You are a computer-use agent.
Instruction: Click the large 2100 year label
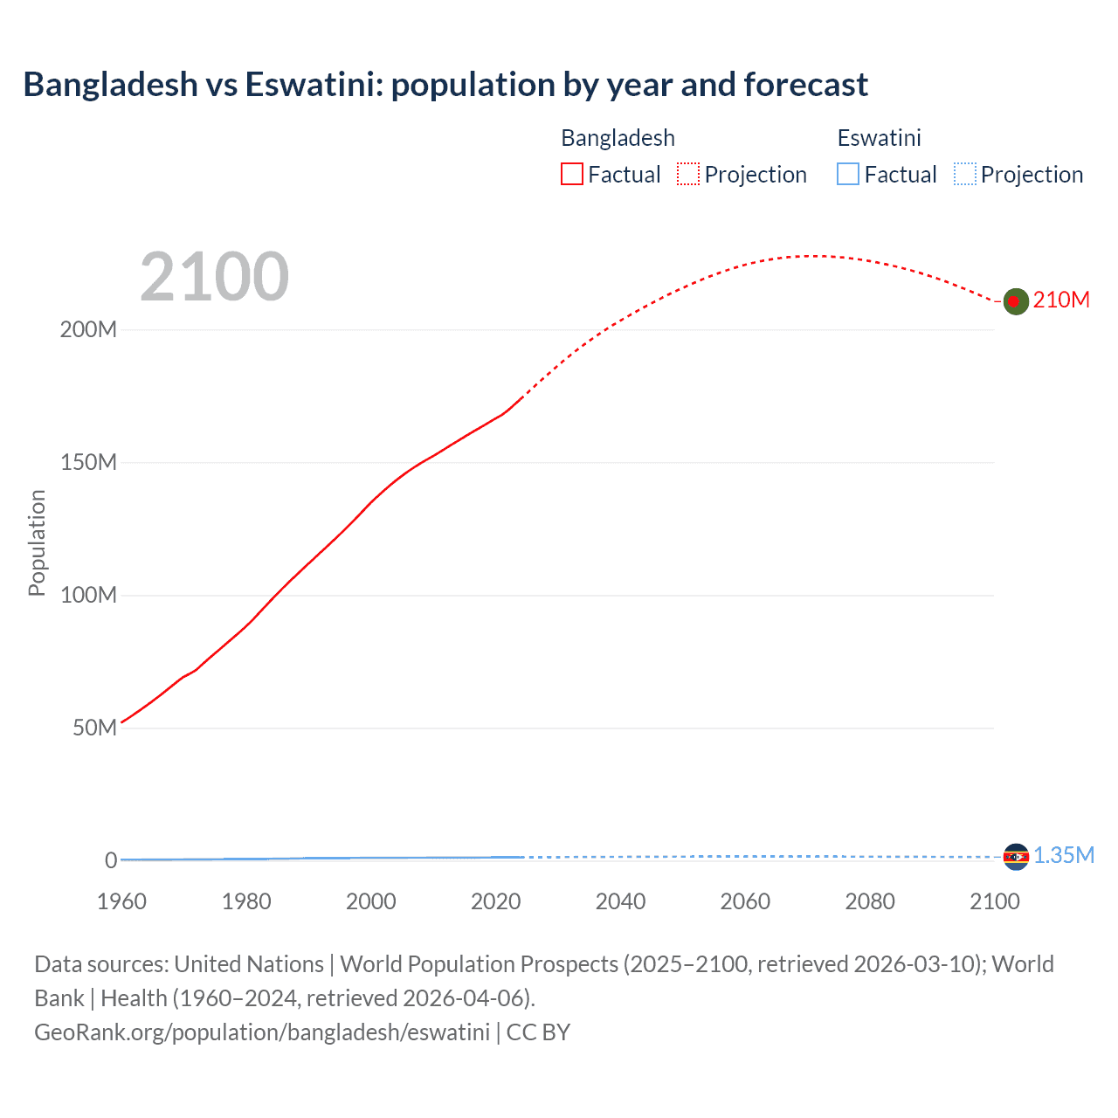[x=214, y=276]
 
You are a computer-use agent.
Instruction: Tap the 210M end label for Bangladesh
[x=1061, y=300]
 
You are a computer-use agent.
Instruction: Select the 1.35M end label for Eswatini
[x=1064, y=855]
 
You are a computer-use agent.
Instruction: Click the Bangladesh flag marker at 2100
[x=1015, y=301]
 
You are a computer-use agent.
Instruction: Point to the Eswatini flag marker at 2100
[x=1016, y=857]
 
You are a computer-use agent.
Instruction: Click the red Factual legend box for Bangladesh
[x=571, y=174]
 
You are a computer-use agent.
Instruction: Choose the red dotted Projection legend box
[x=688, y=174]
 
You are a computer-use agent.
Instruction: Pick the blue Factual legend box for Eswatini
[x=847, y=174]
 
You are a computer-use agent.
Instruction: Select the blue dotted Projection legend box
[x=964, y=174]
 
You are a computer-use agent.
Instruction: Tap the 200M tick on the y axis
[x=88, y=330]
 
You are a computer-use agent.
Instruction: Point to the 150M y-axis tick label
[x=88, y=463]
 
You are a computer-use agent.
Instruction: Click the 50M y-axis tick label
[x=94, y=728]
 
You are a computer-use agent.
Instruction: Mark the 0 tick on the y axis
[x=111, y=860]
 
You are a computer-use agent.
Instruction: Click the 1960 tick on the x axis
[x=122, y=901]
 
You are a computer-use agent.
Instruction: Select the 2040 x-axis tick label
[x=621, y=901]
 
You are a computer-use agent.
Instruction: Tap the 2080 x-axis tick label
[x=870, y=901]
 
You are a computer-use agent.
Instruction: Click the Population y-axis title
[x=37, y=542]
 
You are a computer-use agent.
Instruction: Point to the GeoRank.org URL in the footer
[x=262, y=1032]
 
